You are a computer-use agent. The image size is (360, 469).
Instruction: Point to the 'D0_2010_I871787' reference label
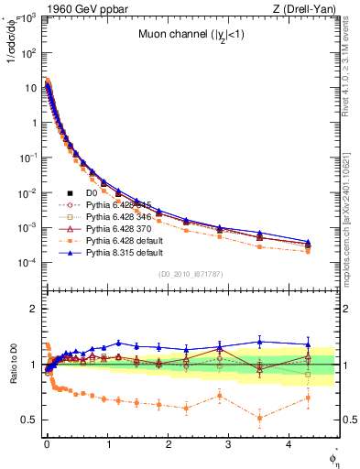pos(190,274)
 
